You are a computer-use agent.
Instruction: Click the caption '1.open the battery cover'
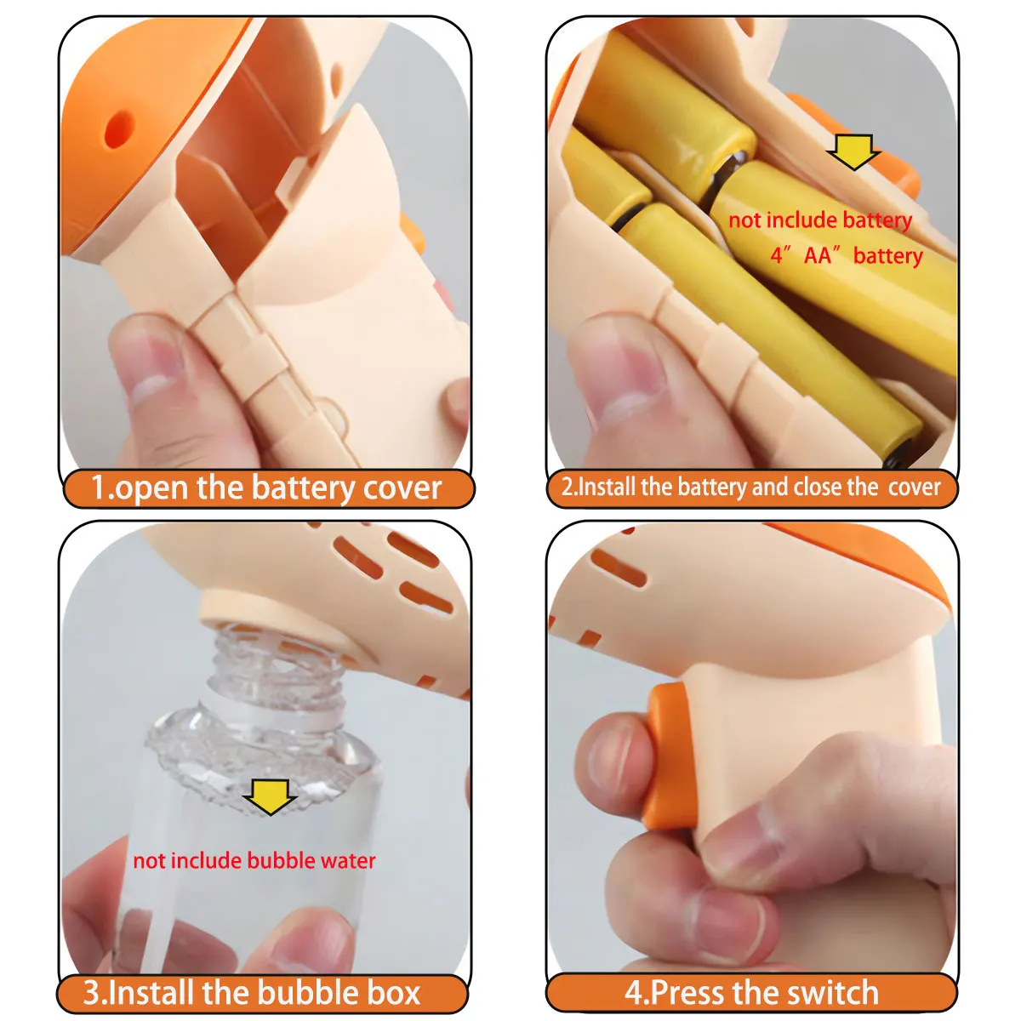point(266,488)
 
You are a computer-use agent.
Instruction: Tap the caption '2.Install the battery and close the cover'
point(750,488)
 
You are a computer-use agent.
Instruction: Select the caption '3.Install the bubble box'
point(252,993)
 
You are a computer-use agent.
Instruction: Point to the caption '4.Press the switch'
point(751,993)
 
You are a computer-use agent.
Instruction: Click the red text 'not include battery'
point(819,220)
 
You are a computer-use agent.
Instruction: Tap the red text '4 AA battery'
point(847,255)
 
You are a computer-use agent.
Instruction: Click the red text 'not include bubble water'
point(254,860)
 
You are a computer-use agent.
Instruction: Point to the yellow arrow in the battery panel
point(853,151)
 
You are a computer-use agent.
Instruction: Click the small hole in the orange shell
point(118,128)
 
